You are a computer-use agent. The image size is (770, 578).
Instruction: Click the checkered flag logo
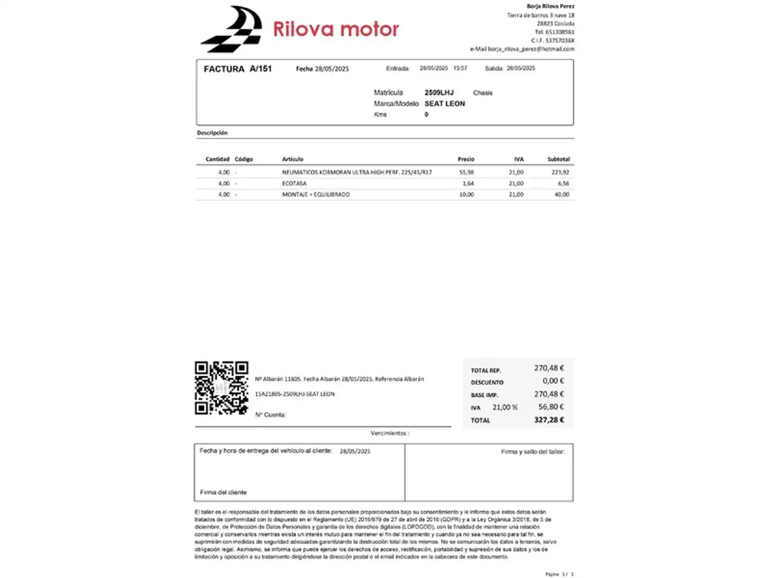click(x=232, y=29)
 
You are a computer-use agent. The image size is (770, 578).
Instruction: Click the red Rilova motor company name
click(x=336, y=29)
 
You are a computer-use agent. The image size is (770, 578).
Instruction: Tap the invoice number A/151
click(x=260, y=69)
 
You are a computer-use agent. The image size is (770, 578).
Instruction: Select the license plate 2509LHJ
click(x=438, y=93)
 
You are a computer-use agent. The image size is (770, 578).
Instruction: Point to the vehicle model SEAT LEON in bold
click(x=444, y=104)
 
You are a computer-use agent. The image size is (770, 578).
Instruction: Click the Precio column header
click(x=466, y=159)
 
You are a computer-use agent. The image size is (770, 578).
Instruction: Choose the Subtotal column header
click(x=558, y=159)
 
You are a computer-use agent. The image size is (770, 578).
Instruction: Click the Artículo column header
click(x=292, y=159)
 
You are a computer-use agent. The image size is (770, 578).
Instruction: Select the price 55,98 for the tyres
click(x=466, y=172)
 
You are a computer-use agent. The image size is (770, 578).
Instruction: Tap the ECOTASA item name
click(x=294, y=184)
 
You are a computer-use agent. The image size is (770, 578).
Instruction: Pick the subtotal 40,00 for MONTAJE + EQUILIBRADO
click(x=561, y=194)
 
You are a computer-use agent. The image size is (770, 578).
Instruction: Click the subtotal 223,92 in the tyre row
click(x=560, y=172)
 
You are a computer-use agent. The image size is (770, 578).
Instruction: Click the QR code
click(x=221, y=388)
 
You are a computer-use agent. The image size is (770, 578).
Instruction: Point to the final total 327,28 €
click(x=549, y=420)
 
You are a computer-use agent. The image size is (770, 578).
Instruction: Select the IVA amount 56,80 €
click(x=551, y=407)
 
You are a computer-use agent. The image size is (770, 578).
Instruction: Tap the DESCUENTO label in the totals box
click(x=487, y=383)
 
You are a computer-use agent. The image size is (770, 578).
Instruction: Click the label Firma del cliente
click(x=223, y=492)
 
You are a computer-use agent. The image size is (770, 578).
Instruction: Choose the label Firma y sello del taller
click(x=532, y=452)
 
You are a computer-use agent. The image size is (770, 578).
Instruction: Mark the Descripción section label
click(x=212, y=133)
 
